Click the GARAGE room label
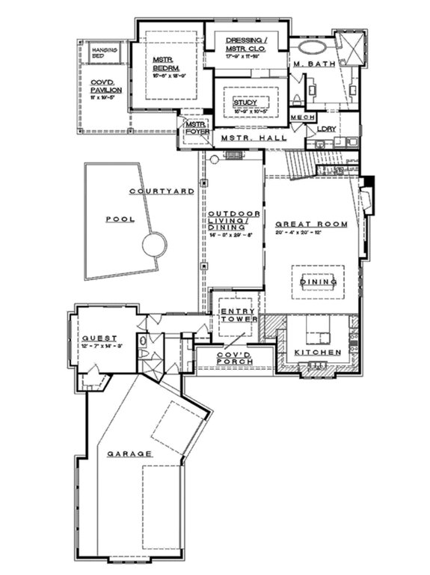pyautogui.click(x=129, y=454)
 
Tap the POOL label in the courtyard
pyautogui.click(x=117, y=220)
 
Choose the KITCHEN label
pyautogui.click(x=317, y=352)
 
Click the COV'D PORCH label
pyautogui.click(x=234, y=358)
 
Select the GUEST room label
pyautogui.click(x=98, y=337)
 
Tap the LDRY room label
pyautogui.click(x=327, y=129)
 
